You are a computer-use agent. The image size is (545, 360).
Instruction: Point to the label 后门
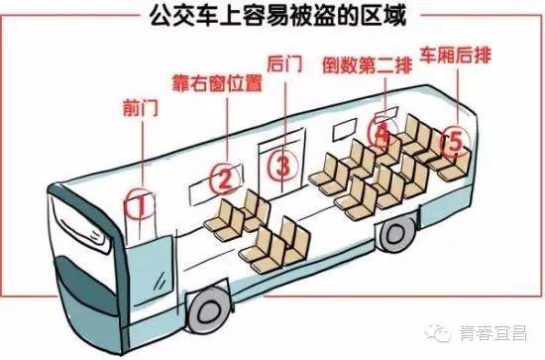coord(283,65)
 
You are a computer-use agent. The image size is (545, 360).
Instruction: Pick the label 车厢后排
coord(460,52)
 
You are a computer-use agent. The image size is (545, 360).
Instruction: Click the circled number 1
coord(141,205)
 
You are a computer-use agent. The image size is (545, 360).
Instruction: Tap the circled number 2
coord(225,179)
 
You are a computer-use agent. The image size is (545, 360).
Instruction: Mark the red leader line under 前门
coord(139,149)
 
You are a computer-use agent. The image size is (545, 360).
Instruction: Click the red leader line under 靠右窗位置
coord(229,124)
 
